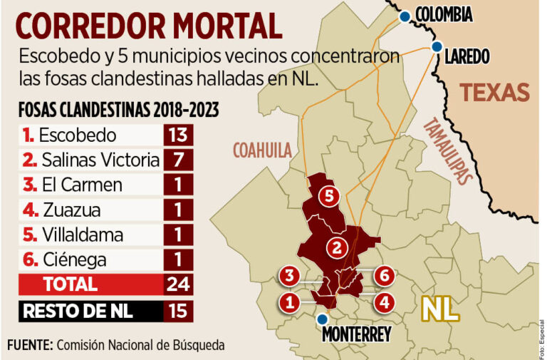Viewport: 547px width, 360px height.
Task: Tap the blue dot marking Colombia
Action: pyautogui.click(x=405, y=16)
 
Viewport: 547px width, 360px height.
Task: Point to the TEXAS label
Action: pyautogui.click(x=494, y=93)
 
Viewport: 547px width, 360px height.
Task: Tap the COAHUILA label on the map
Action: pyautogui.click(x=262, y=149)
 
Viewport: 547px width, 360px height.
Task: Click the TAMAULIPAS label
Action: pyautogui.click(x=448, y=150)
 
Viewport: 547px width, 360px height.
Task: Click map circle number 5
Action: pyautogui.click(x=328, y=197)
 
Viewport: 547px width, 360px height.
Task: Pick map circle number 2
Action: pyautogui.click(x=335, y=247)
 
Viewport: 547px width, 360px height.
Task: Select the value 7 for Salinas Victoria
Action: pyautogui.click(x=177, y=160)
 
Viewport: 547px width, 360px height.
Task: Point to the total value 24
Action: pyautogui.click(x=177, y=284)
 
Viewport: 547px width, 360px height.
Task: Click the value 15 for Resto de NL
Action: pyautogui.click(x=177, y=311)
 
